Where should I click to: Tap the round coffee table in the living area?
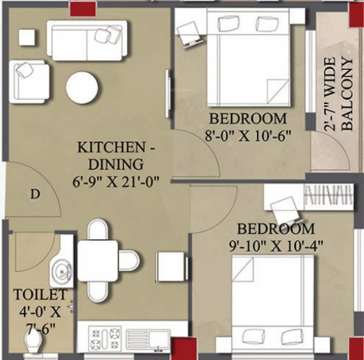82,88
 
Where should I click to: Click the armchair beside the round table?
30,82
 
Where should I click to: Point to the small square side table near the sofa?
27,37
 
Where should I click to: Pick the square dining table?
97,261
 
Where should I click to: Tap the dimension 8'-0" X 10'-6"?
248,136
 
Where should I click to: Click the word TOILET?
39,295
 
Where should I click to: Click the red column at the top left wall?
82,8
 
